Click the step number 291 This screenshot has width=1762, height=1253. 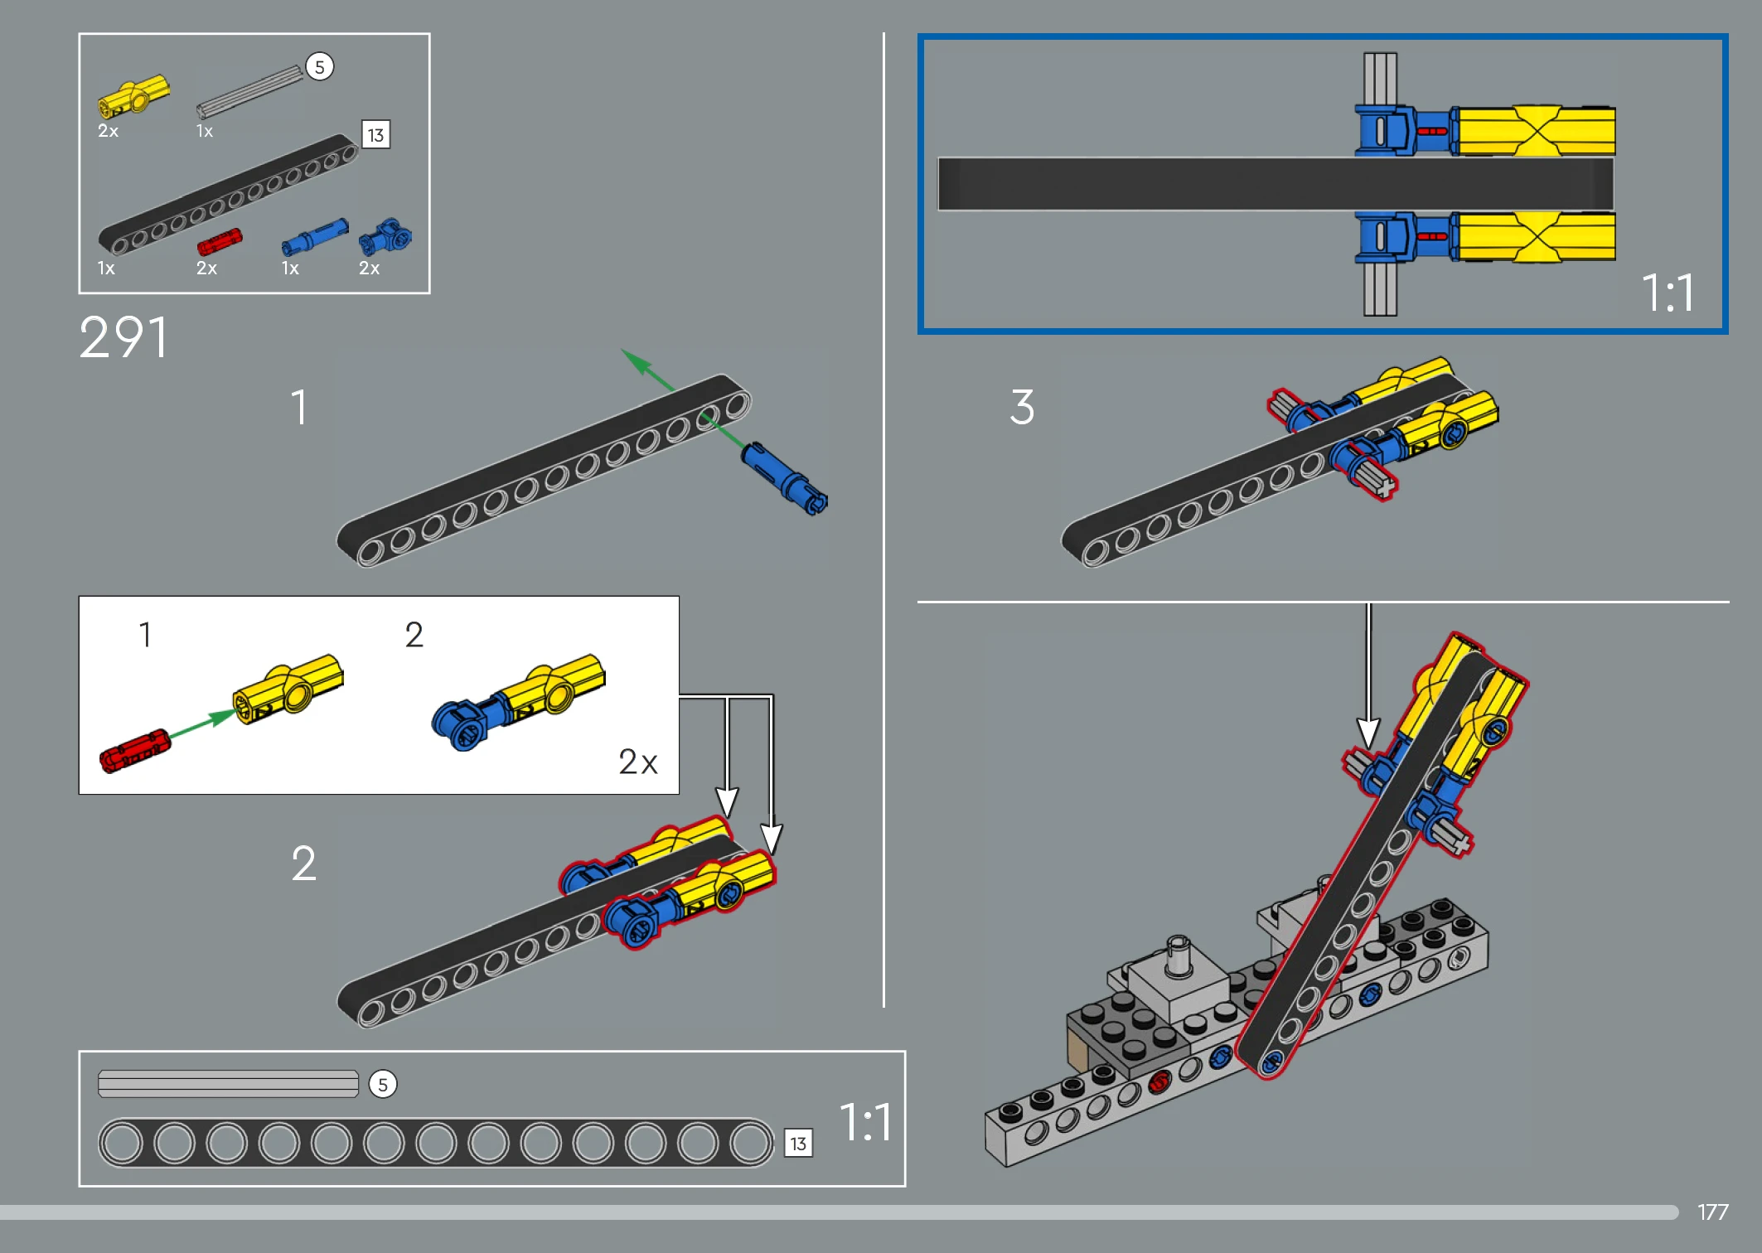[124, 338]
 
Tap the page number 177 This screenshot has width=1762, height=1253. [1712, 1212]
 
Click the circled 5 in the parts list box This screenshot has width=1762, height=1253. [319, 66]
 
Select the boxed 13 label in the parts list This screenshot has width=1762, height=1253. [375, 134]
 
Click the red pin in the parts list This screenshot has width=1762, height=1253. [220, 242]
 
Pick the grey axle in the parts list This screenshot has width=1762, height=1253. [250, 91]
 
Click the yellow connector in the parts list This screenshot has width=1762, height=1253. [133, 97]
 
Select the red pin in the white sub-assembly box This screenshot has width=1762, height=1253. [134, 750]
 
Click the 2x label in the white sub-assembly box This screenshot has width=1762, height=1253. [637, 762]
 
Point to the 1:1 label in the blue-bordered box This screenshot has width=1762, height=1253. [1668, 293]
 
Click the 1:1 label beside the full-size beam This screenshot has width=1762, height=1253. [865, 1122]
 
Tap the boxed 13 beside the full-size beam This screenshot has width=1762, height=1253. [798, 1144]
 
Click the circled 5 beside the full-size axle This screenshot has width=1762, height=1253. [382, 1084]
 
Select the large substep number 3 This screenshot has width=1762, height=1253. [1022, 407]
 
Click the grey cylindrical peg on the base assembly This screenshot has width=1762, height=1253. [1178, 956]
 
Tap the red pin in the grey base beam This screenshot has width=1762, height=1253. [1159, 1081]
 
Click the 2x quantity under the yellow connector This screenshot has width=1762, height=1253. [108, 131]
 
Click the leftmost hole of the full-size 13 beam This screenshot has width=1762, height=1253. [122, 1143]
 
